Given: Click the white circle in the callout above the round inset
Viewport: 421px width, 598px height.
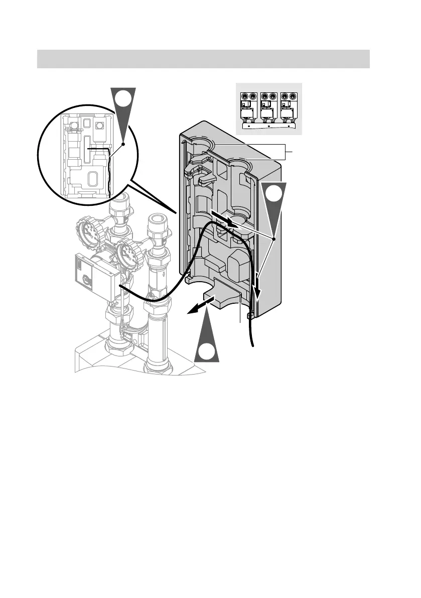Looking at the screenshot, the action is click(122, 100).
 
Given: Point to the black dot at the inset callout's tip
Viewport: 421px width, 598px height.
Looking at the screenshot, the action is click(123, 143).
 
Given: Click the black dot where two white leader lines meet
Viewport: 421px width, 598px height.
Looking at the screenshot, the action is click(274, 240).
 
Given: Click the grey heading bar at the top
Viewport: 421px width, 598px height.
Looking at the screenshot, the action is click(204, 58).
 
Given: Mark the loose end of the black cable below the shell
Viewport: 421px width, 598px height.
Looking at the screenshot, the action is click(253, 345).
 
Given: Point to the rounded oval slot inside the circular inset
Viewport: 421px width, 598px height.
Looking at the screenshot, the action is click(93, 180).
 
